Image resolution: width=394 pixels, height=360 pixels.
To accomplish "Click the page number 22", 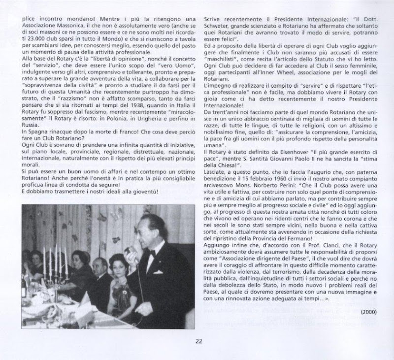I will pyautogui.click(x=197, y=339).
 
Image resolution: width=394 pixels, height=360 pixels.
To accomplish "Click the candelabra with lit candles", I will pyautogui.click(x=54, y=266).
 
